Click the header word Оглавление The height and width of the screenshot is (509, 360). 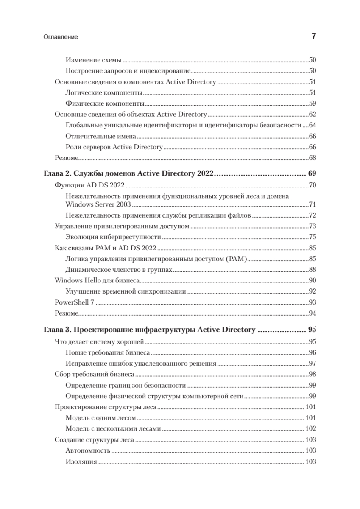[61, 37]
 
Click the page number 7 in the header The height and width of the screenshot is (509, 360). [314, 36]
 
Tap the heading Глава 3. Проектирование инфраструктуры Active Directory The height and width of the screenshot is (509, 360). [150, 329]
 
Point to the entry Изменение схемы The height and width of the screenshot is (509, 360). [94, 60]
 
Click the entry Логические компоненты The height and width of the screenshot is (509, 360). [104, 92]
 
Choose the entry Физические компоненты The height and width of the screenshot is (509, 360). [105, 103]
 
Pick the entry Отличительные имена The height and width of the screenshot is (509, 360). [101, 136]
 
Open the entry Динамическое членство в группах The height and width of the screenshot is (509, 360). [119, 270]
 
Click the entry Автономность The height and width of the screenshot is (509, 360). [88, 450]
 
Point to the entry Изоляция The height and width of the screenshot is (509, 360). [82, 461]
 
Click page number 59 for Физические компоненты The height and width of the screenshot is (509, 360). [313, 103]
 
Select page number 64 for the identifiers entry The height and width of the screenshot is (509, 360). [313, 125]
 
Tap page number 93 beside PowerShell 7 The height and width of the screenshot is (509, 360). [313, 302]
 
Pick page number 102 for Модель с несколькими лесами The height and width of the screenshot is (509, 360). [311, 429]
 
